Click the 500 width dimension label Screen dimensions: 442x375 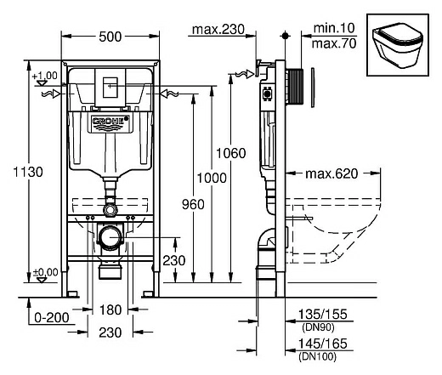pyautogui.click(x=110, y=37)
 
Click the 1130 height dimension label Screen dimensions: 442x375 pyautogui.click(x=28, y=172)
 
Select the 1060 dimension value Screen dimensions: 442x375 pyautogui.click(x=231, y=153)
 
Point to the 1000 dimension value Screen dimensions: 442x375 pyautogui.click(x=212, y=178)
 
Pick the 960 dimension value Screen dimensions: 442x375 pyautogui.click(x=193, y=204)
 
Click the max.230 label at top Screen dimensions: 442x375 pyautogui.click(x=218, y=29)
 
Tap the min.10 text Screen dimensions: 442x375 pyautogui.click(x=334, y=28)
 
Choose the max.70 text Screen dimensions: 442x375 pyautogui.click(x=334, y=43)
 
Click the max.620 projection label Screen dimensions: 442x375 pyautogui.click(x=331, y=173)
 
